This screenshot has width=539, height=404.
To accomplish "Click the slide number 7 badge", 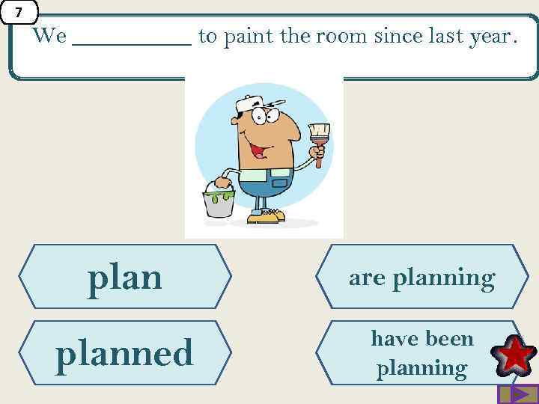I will pos(19,13).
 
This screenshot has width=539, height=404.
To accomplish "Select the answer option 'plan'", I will pos(125,277).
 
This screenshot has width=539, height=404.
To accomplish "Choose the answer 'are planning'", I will pos(421,278).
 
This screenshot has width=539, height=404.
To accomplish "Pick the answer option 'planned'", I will pos(125,352).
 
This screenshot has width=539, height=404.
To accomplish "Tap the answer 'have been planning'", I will pos(421,352).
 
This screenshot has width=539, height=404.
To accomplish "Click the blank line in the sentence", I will pos(132,37).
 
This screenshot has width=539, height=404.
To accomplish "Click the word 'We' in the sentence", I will pos(49,35).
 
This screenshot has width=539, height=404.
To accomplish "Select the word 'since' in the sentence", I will pos(394,35).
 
